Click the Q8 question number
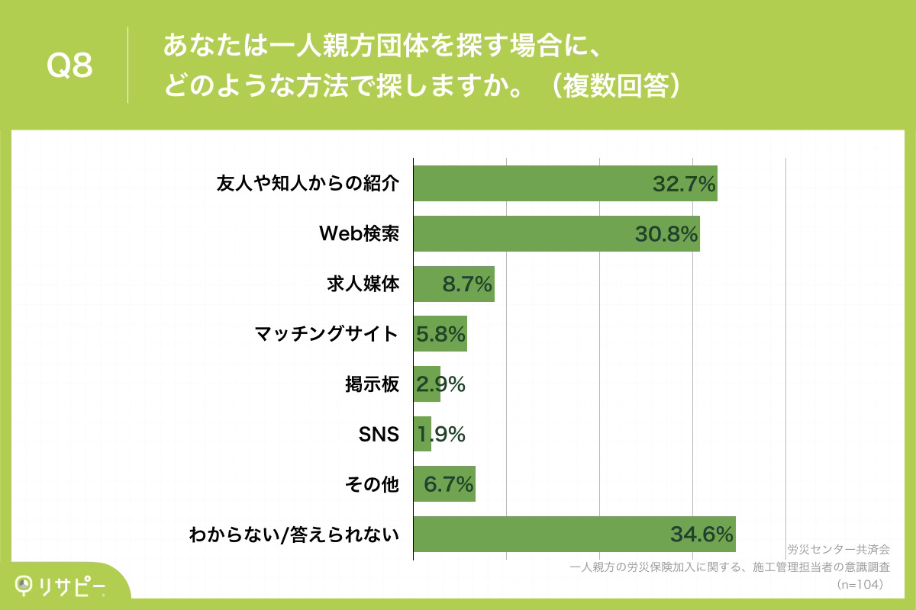tap(69, 67)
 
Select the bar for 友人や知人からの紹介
tap(565, 184)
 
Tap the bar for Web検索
tap(556, 234)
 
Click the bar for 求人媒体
tap(453, 284)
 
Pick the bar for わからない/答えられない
tap(574, 534)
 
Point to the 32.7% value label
tap(683, 184)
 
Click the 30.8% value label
tap(666, 235)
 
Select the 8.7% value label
tap(466, 284)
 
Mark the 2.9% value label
tap(440, 384)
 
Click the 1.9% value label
tap(440, 434)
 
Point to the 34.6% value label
tap(702, 535)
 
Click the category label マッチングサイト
tap(327, 334)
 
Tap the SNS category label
tap(379, 435)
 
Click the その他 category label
tap(373, 484)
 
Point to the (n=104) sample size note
tap(860, 584)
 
